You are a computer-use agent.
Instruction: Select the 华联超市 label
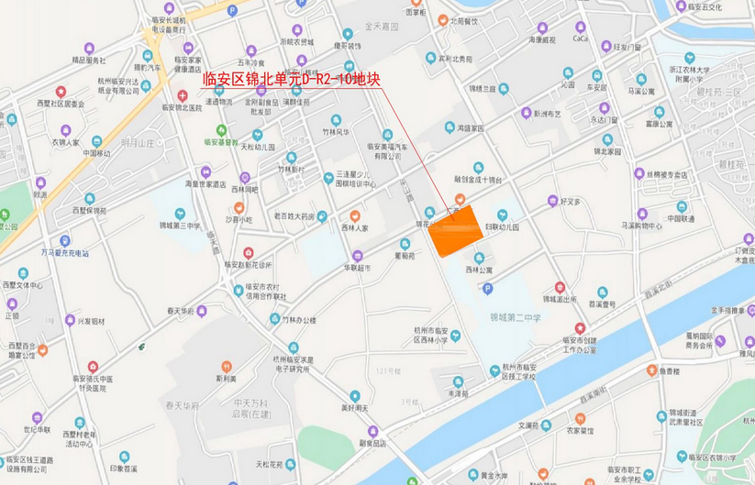point(358,268)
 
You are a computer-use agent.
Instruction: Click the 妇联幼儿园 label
point(502,226)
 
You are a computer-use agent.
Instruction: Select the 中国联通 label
point(681,219)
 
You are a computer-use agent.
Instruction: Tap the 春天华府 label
point(181,311)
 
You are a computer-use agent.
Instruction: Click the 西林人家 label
point(354,227)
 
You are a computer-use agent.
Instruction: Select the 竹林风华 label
point(336,132)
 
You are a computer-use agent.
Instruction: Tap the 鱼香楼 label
point(670,371)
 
